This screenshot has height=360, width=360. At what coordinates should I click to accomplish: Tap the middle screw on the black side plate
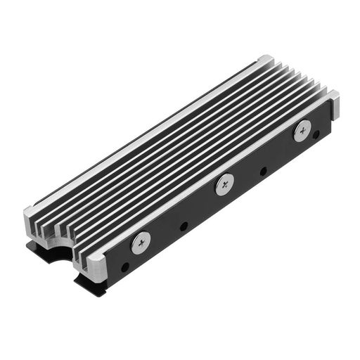(x=224, y=184)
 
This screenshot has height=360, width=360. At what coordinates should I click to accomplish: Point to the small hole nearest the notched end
(x=124, y=267)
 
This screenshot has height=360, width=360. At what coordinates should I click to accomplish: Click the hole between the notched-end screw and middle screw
(x=184, y=226)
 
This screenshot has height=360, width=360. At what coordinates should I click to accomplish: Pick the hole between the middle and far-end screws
(x=263, y=171)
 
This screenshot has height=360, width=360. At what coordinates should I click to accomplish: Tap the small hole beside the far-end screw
(x=316, y=134)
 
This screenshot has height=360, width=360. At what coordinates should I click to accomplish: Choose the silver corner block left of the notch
(x=36, y=217)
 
